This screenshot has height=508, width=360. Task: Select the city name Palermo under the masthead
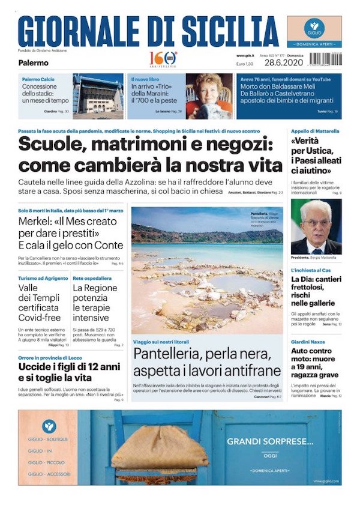[x=33, y=62]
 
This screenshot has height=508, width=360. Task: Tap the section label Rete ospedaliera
[x=92, y=279]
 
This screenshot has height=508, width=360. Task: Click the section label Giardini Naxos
[x=308, y=342]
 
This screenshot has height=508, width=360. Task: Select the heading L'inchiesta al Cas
[x=310, y=271]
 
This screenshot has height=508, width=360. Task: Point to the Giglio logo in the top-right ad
[x=314, y=28]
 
